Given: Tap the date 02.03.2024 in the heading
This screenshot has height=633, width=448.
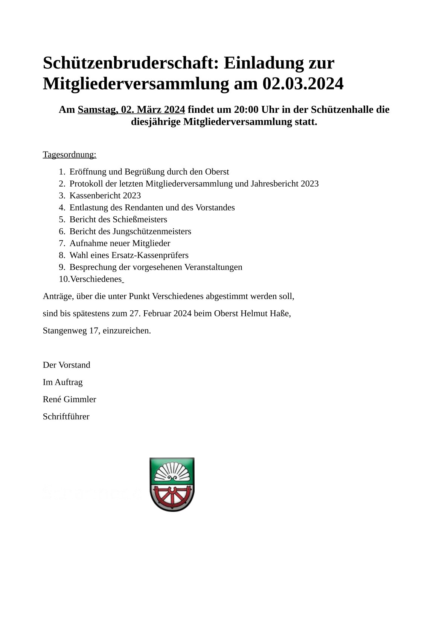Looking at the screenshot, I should click(303, 83).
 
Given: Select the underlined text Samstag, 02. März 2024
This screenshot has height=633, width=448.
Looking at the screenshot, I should click(131, 109).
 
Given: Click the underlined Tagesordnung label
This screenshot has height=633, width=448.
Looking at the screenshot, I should click(70, 155).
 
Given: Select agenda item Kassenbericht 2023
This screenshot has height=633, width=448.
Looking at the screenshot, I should click(105, 196).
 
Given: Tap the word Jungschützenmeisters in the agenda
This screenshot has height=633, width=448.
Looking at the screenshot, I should click(152, 231).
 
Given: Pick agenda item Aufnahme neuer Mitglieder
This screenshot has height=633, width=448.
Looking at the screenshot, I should click(120, 243).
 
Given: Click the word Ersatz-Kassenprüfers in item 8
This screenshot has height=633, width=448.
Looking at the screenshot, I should click(150, 255).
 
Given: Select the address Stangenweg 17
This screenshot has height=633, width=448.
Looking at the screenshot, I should click(70, 331).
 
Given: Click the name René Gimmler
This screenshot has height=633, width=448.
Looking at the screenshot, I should click(69, 399).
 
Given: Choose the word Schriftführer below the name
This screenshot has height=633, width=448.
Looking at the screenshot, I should click(66, 417).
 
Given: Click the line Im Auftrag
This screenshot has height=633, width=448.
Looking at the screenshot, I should click(62, 382).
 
